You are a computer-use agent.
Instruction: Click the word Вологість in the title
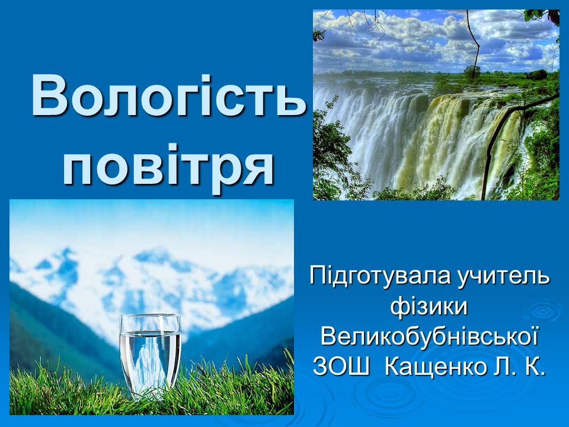point(169,96)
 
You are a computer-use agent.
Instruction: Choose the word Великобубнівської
point(429,337)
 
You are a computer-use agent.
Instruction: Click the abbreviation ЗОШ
point(341,367)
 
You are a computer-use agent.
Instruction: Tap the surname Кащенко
point(436,367)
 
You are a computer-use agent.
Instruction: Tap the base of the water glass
point(150,394)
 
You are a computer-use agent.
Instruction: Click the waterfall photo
point(436,105)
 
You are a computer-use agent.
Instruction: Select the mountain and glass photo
point(152,307)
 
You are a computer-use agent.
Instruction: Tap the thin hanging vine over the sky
point(472,40)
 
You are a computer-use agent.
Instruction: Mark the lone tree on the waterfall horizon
point(472,72)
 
